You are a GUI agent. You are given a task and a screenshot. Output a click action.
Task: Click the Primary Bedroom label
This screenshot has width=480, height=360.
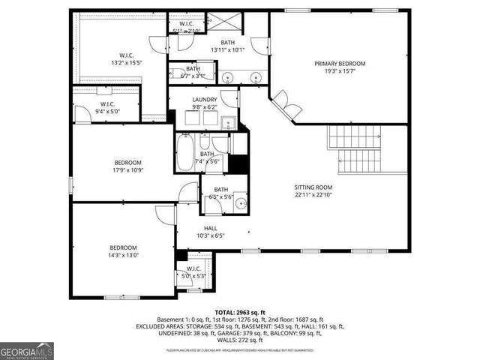point(340,64)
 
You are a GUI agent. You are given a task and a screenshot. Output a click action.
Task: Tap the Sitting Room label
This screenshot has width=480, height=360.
point(313,187)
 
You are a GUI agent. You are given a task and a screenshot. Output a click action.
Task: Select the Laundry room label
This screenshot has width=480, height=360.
point(205,100)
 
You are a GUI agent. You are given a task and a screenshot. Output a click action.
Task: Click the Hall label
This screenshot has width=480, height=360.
point(212,227)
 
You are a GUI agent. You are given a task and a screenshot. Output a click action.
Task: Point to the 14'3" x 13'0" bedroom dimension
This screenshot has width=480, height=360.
point(124,255)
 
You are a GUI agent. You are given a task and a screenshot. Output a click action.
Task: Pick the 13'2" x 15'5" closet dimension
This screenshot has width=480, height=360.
point(127,62)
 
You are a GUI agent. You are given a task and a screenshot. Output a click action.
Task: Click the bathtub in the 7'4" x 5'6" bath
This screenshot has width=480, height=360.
point(184,154)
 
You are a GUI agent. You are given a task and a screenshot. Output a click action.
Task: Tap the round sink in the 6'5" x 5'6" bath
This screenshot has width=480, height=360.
point(241,202)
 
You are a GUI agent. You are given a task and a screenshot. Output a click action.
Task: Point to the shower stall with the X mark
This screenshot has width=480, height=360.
point(254,22)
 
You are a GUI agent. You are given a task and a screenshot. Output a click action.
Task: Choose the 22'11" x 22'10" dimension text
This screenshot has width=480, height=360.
point(313,195)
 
